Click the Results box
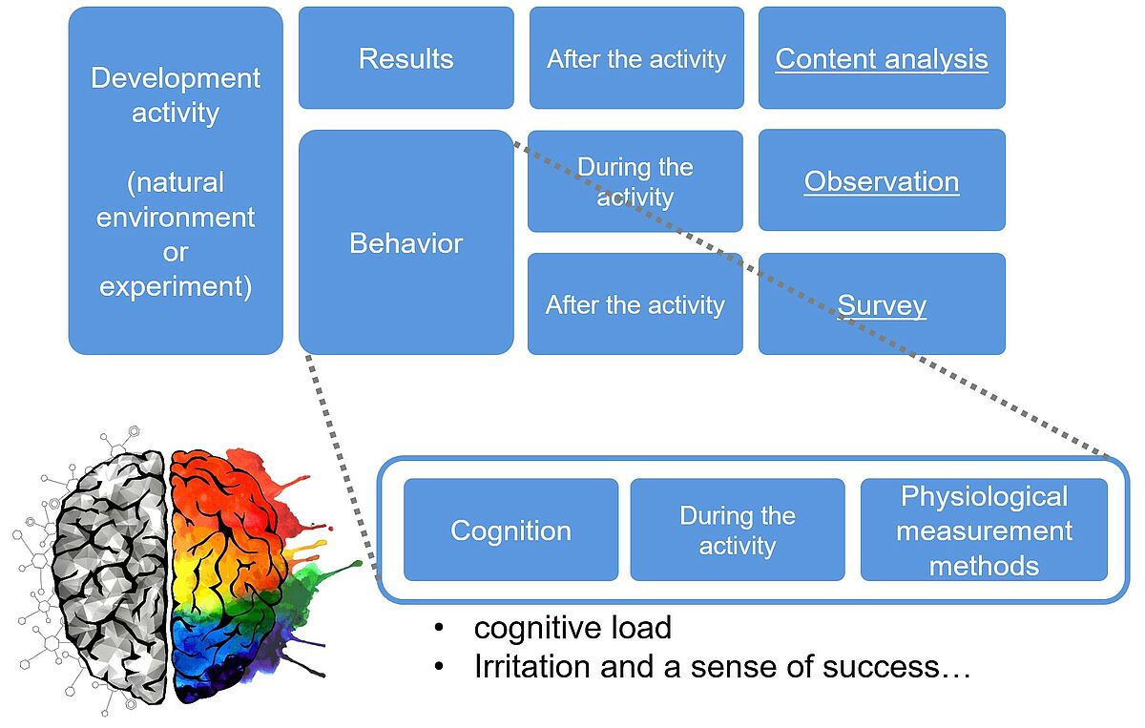click(406, 58)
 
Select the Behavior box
click(406, 242)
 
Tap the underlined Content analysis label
click(882, 59)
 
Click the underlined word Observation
click(882, 181)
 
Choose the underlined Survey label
click(882, 306)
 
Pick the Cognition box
click(510, 530)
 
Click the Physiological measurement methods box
click(984, 530)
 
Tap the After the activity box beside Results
click(636, 58)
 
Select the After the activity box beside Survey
click(635, 303)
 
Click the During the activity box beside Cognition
click(737, 530)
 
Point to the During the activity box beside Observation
click(635, 181)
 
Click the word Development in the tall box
click(176, 79)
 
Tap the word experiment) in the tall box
click(176, 287)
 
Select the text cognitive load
click(572, 628)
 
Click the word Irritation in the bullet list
click(532, 667)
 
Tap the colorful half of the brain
click(230, 572)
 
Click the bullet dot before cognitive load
click(439, 629)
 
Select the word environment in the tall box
click(176, 218)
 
